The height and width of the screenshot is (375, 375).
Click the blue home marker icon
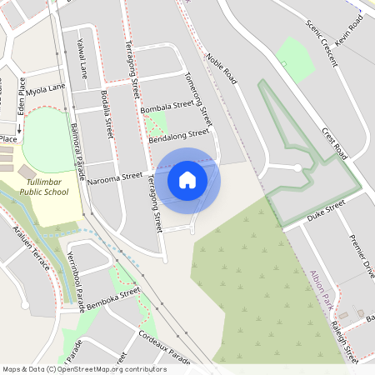pos(187,179)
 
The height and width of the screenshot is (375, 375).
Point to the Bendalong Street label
pos(177,136)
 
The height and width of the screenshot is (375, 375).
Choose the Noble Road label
pos(221,71)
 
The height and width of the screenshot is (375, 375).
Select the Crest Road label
pos(335,142)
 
